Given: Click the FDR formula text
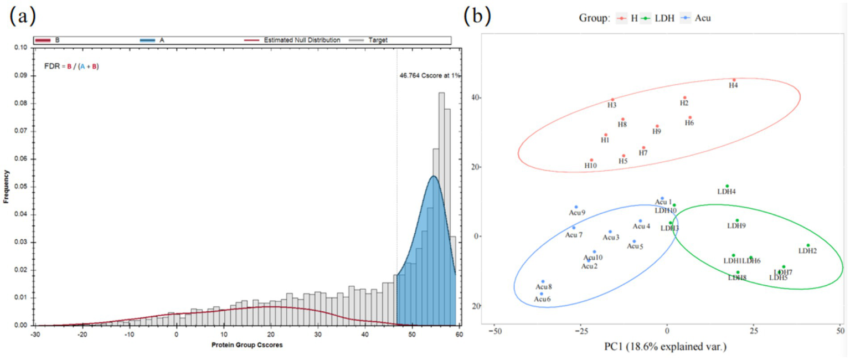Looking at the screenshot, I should [71, 66].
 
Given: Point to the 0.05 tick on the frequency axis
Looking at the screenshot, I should [23, 187].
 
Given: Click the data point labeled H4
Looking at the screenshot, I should [734, 80].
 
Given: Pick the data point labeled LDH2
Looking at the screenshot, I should [808, 245].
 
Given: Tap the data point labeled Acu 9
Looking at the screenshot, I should [576, 207].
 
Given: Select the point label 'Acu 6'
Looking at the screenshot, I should [542, 299].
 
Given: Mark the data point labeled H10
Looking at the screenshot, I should [591, 160].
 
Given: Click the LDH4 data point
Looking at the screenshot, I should [727, 186].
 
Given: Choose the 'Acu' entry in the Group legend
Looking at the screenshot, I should [699, 18].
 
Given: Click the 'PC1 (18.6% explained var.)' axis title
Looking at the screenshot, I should [667, 347].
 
